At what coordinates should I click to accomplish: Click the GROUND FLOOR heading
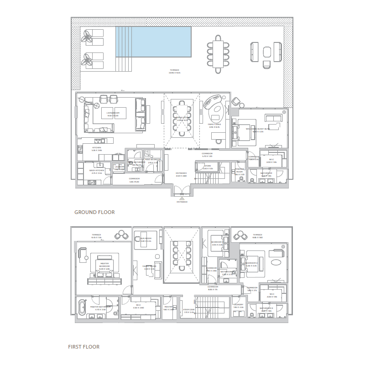94,212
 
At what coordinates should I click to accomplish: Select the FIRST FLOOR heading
83,347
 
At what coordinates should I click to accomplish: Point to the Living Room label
113,114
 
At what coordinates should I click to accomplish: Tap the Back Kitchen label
97,171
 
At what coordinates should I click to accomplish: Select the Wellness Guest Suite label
258,130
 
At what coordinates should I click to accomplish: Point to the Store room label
208,167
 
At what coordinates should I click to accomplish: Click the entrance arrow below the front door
182,199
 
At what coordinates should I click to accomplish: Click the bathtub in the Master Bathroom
83,308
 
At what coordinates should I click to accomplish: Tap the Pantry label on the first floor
168,308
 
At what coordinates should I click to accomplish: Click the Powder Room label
240,173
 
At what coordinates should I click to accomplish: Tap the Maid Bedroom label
153,162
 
